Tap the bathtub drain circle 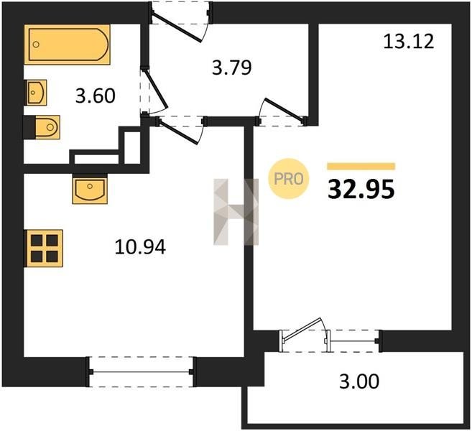pos(36,45)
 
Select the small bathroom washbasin pos(36,93)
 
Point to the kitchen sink pos(90,189)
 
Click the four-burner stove pos(44,249)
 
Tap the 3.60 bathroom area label pos(95,96)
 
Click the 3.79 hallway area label pos(232,68)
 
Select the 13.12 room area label pos(409,41)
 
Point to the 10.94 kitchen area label pos(140,247)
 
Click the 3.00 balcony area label pos(359,381)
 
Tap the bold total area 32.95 pos(361,190)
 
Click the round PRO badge pos(289,179)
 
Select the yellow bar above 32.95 pos(361,167)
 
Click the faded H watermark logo pos(236,212)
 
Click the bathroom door pos(154,91)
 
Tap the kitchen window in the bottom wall pos(142,372)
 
